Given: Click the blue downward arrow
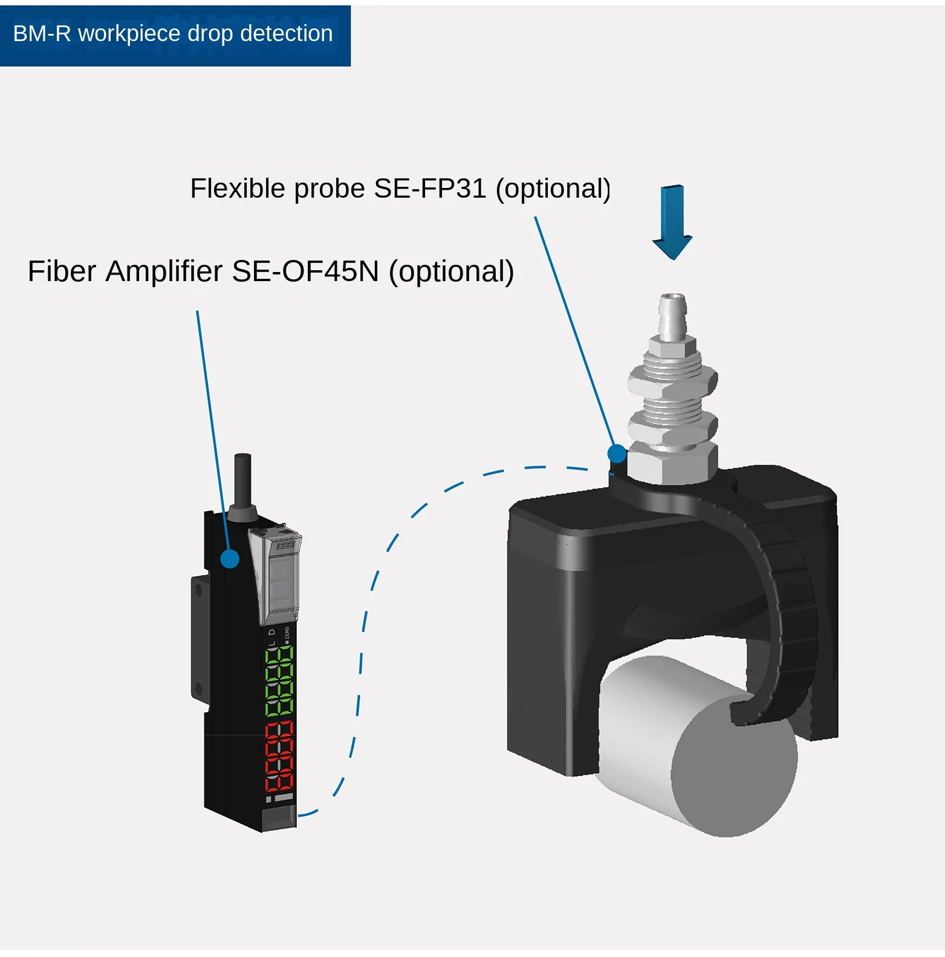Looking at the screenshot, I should coord(672,221).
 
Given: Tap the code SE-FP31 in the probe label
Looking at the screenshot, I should coord(430,189).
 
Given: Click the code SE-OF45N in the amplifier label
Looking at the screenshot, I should coord(305,271).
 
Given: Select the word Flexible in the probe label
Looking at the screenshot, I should coord(238,189).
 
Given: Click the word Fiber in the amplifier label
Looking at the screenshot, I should coord(62,271).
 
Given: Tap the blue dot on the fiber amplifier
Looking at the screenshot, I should coord(230,559).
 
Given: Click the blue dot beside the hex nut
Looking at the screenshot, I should coord(617,453).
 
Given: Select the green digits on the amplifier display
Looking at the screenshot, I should coord(279,681).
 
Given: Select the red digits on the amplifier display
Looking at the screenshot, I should coord(279,757).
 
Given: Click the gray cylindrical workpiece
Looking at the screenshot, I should coord(701,750).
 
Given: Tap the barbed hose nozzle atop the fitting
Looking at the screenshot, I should coord(672,314).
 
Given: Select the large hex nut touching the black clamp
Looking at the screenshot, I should coord(672,462).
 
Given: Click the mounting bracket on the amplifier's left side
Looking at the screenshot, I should coord(200,635).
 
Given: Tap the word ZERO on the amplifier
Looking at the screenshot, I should coord(287,633).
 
